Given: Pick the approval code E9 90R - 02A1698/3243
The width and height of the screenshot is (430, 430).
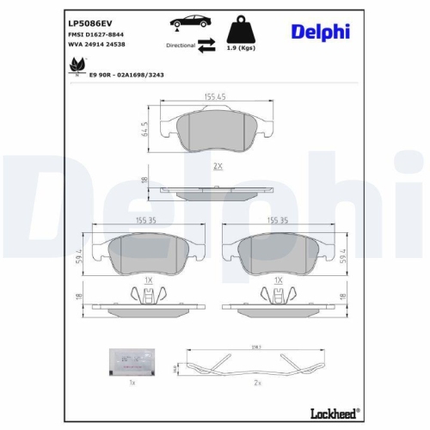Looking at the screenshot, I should point(127,74).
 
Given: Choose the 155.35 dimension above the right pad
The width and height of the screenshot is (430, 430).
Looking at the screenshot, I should point(277,220).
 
